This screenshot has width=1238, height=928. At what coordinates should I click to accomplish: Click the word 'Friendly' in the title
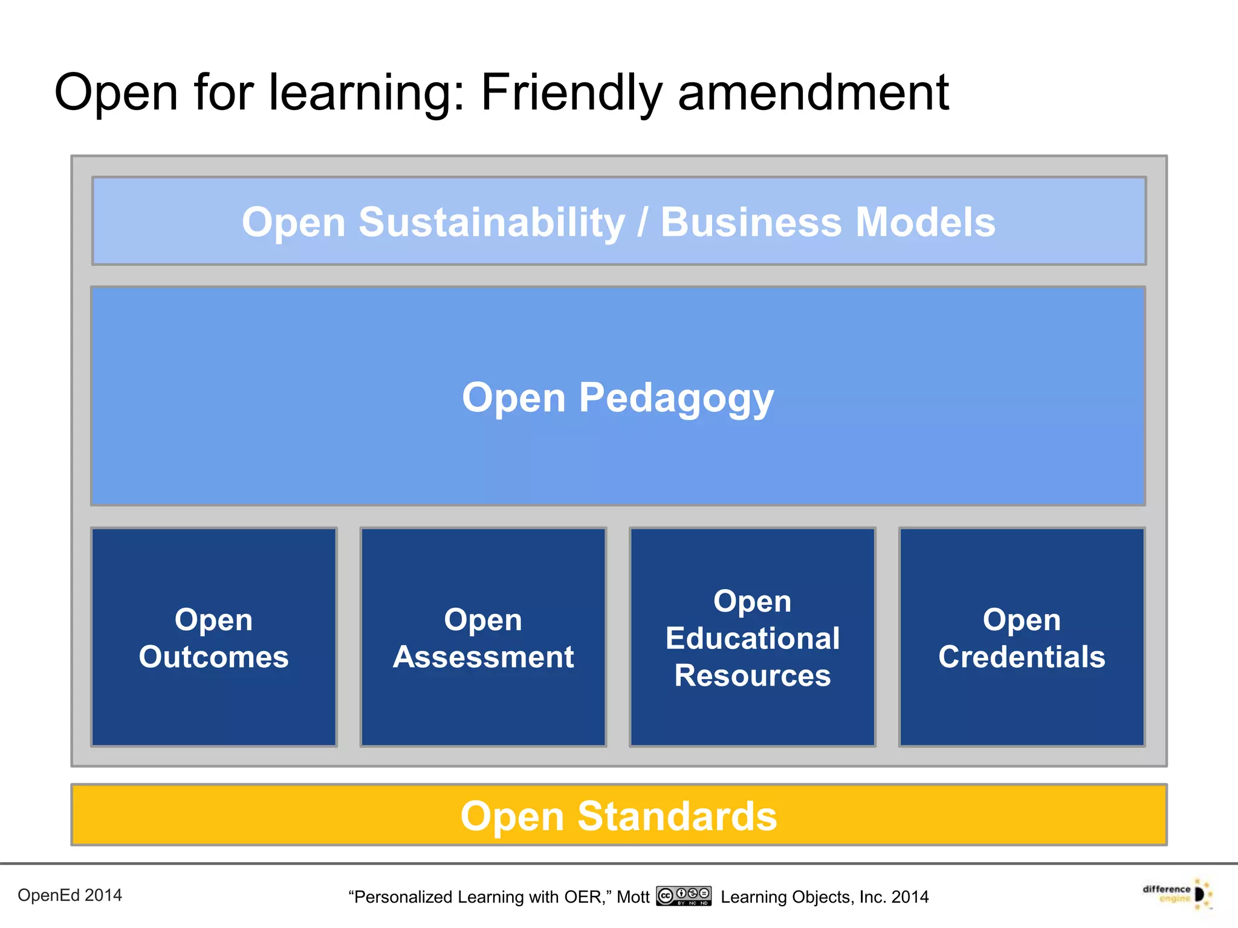572,94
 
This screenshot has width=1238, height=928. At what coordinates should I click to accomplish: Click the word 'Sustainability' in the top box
491,222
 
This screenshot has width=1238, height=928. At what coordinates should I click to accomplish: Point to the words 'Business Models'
827,222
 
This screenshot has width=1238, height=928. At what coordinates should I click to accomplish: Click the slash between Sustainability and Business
643,222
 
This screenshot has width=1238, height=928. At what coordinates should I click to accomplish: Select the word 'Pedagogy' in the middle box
676,399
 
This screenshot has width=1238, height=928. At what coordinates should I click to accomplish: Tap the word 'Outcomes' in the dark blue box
213,657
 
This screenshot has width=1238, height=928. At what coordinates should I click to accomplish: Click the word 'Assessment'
483,657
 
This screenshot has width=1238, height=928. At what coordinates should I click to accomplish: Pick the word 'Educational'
752,639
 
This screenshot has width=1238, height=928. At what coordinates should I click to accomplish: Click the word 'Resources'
752,675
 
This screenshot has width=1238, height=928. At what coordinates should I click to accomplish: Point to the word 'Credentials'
1021,657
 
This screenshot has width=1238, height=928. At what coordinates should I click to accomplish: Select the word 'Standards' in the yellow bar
676,816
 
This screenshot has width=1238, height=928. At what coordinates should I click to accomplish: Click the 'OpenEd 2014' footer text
70,895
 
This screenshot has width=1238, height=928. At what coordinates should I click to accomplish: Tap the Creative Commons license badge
684,896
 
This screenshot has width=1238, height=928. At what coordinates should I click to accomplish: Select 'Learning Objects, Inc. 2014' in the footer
824,897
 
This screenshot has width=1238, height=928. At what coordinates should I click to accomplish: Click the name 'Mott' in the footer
632,897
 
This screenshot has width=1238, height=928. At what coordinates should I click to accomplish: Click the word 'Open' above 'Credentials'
1021,620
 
